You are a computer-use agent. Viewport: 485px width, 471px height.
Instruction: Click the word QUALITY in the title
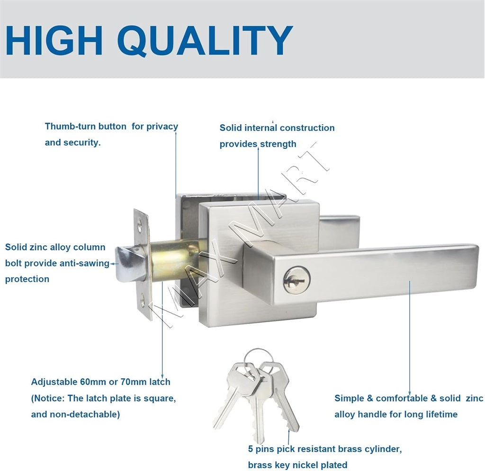[205, 40]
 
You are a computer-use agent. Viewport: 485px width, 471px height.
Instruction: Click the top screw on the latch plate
[140, 225]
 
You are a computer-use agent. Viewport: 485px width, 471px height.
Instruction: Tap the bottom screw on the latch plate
[142, 300]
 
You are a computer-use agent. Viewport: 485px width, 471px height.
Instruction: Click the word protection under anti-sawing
[27, 279]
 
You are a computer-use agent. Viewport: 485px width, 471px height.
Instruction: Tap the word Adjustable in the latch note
[54, 382]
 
